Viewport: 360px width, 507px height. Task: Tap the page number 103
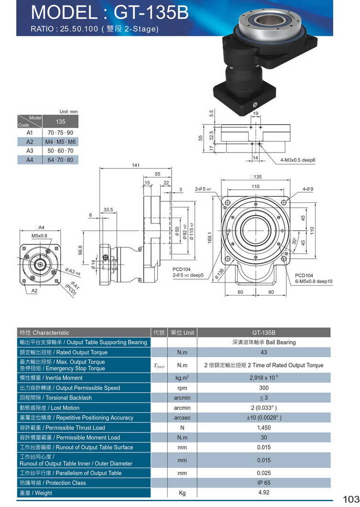tap(350, 499)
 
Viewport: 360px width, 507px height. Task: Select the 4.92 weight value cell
tap(263, 493)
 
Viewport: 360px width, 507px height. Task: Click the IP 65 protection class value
tap(263, 483)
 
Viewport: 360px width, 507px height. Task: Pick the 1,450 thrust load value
tap(263, 428)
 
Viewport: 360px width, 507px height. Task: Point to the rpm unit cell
tap(182, 388)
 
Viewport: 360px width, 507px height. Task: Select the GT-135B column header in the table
tap(263, 332)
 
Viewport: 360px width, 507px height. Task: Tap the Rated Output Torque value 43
tap(263, 353)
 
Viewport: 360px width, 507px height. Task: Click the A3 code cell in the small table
tap(30, 151)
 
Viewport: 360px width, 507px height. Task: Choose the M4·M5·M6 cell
tap(61, 142)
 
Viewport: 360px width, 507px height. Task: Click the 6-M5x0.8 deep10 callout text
tap(314, 281)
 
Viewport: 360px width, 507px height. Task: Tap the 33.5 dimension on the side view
tap(108, 209)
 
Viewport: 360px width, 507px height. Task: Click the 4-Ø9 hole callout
tap(307, 189)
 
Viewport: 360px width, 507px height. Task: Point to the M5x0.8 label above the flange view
tap(39, 236)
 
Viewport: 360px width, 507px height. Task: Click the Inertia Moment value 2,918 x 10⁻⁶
tap(263, 378)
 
